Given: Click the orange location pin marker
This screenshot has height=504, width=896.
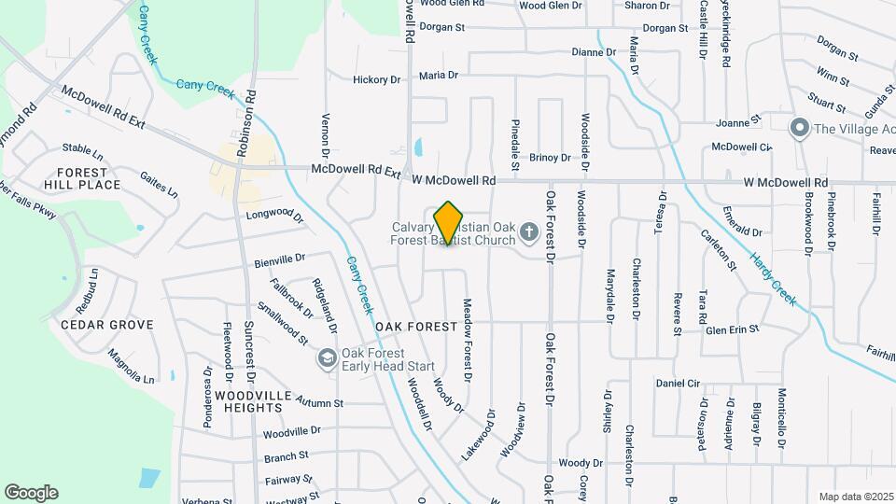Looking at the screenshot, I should point(449,223).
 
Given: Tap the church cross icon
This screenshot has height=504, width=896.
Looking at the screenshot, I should point(528,231).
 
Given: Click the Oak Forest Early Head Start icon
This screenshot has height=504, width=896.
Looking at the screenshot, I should point(327,358).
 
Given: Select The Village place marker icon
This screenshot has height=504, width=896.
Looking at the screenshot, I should point(799,128).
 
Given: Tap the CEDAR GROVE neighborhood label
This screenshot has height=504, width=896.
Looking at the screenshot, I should point(106,325).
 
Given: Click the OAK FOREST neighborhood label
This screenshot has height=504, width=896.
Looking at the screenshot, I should point(416,327).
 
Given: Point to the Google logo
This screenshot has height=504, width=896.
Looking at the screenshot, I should point(31,493).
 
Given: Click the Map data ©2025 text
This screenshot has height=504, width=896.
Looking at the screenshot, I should point(856,497).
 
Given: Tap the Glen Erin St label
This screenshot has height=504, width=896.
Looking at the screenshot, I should point(733,329).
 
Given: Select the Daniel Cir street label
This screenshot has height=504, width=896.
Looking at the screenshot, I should point(678,384).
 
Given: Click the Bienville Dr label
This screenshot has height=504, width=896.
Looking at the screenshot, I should point(280,259).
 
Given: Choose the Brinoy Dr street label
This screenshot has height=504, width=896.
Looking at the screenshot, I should point(550,159).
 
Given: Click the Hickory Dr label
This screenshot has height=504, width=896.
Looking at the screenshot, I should point(376,80).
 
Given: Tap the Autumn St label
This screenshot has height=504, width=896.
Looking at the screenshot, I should point(320,403).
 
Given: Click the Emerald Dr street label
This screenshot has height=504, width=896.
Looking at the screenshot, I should point(743,231).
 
